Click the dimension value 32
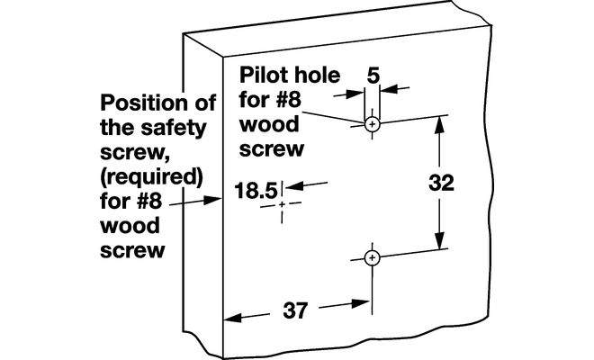pos(440,182)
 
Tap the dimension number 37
pos(295,312)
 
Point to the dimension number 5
pos(372,76)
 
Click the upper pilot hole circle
pos(372,123)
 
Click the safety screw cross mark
pos(283,206)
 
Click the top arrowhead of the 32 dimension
pos(440,124)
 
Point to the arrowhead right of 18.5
pos(291,186)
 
